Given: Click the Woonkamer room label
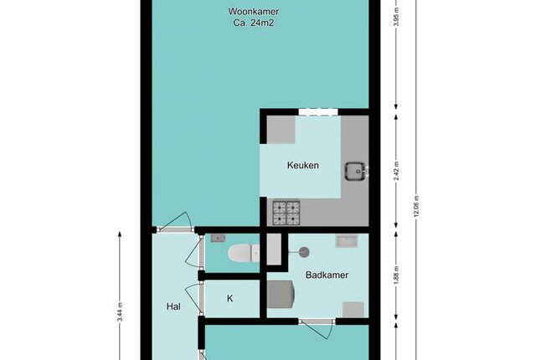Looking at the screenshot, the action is [253, 12].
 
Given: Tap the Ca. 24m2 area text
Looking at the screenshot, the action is [253, 23].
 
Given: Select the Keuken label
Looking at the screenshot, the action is [303, 165].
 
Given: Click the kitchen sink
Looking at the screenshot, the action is [356, 171].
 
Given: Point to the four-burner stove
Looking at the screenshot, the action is [286, 213].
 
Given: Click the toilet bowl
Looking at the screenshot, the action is [244, 254].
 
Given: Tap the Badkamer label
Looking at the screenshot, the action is [327, 275].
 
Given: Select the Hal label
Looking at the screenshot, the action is [173, 306].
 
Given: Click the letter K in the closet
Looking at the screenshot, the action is [230, 299].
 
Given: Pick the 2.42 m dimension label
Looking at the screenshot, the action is [396, 171].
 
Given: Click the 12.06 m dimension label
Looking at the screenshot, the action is [416, 206].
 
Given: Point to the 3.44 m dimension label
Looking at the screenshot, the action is [120, 312].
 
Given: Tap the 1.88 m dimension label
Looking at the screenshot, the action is [396, 275].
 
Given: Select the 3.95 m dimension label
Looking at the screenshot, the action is [396, 17].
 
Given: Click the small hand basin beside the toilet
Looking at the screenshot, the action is [218, 238].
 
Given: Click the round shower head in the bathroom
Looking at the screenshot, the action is [304, 252].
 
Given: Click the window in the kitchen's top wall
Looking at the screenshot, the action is [318, 112].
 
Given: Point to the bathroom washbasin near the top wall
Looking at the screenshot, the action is [347, 241].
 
